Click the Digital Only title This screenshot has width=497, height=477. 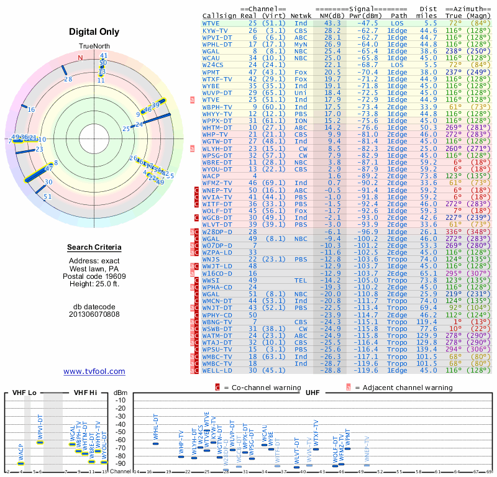pyautogui.click(x=94, y=32)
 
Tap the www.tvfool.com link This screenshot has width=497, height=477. pyautogui.click(x=94, y=371)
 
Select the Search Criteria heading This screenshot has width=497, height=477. pyautogui.click(x=94, y=248)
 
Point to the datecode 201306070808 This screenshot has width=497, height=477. pyautogui.click(x=94, y=314)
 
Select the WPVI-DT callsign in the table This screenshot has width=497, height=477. pyautogui.click(x=217, y=37)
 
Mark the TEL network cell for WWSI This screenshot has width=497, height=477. pyautogui.click(x=301, y=280)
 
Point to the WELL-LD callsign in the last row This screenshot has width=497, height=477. pyautogui.click(x=217, y=370)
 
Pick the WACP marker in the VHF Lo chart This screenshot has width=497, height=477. pyautogui.click(x=21, y=463)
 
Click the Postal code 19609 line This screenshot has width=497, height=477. pyautogui.click(x=94, y=277)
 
